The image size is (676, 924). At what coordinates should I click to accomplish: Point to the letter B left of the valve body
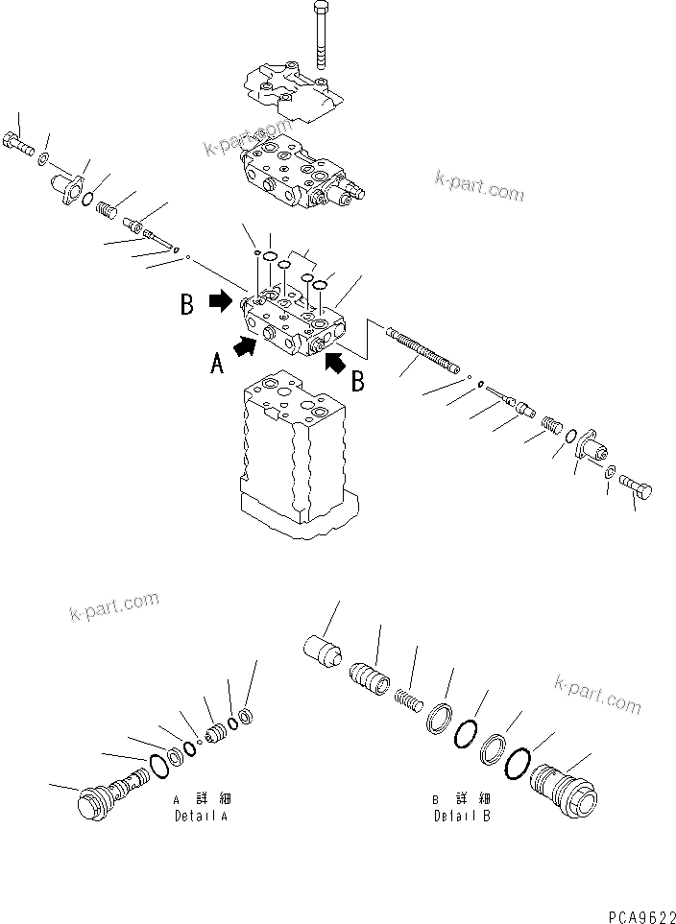[186, 305]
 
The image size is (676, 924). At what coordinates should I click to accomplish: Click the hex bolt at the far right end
[637, 490]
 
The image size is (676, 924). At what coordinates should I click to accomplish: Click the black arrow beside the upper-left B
[221, 300]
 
